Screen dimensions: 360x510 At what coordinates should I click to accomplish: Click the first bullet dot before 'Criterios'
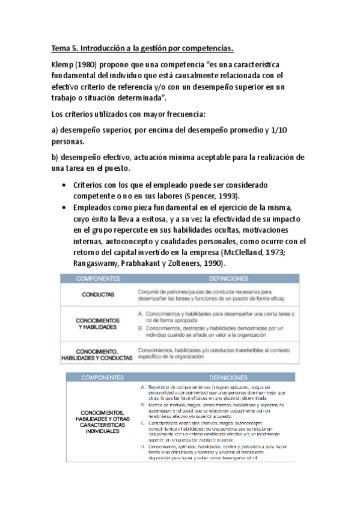point(64,185)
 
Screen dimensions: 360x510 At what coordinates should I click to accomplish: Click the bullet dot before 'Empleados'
point(64,207)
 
